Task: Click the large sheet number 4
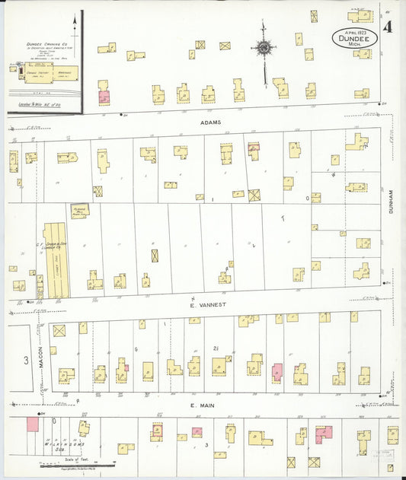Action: click(388, 29)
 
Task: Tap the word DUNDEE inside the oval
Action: click(354, 40)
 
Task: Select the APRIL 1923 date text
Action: click(354, 33)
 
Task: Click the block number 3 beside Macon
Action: click(24, 359)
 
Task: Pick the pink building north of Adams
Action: click(104, 97)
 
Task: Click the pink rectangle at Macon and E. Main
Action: click(33, 424)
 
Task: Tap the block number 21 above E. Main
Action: click(216, 348)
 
